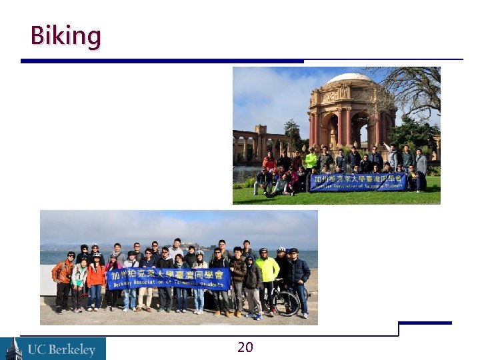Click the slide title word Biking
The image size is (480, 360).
65,35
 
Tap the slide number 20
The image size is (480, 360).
245,347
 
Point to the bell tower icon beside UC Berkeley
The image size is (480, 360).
12,349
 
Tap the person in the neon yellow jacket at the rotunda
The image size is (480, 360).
311,160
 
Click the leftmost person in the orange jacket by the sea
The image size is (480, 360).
63,277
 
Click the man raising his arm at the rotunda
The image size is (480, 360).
392,156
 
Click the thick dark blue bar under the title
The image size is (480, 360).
162,61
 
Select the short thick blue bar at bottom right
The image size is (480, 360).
424,323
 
